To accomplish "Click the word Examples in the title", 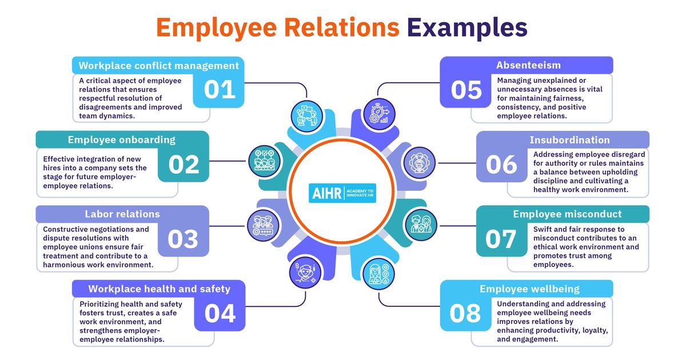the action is coord(467,28).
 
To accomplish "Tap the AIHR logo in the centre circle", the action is coord(342,193).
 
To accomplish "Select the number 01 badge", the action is coord(219,91).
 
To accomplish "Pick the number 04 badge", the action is coord(220,314).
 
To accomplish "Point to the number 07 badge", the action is coord(501,239).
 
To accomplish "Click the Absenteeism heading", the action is coord(528,65).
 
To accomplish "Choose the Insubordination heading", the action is coord(569,140).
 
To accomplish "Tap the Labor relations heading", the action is coord(122,214).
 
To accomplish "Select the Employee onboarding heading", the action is coord(122,140).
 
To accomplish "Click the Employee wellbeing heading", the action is coord(529,289).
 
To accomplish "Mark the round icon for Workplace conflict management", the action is coord(306,117).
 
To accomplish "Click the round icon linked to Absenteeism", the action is coord(379,114).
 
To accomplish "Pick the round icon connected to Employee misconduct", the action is coord(421,225).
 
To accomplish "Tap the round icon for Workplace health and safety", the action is coord(305,273).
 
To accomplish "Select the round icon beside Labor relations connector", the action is coord(263,226).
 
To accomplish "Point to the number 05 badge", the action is coord(466,91).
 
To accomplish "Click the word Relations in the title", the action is coord(342,27).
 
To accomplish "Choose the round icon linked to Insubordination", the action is coord(419,163).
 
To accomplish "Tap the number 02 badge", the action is coord(184,165).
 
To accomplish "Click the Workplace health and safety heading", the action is coord(159,289).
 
